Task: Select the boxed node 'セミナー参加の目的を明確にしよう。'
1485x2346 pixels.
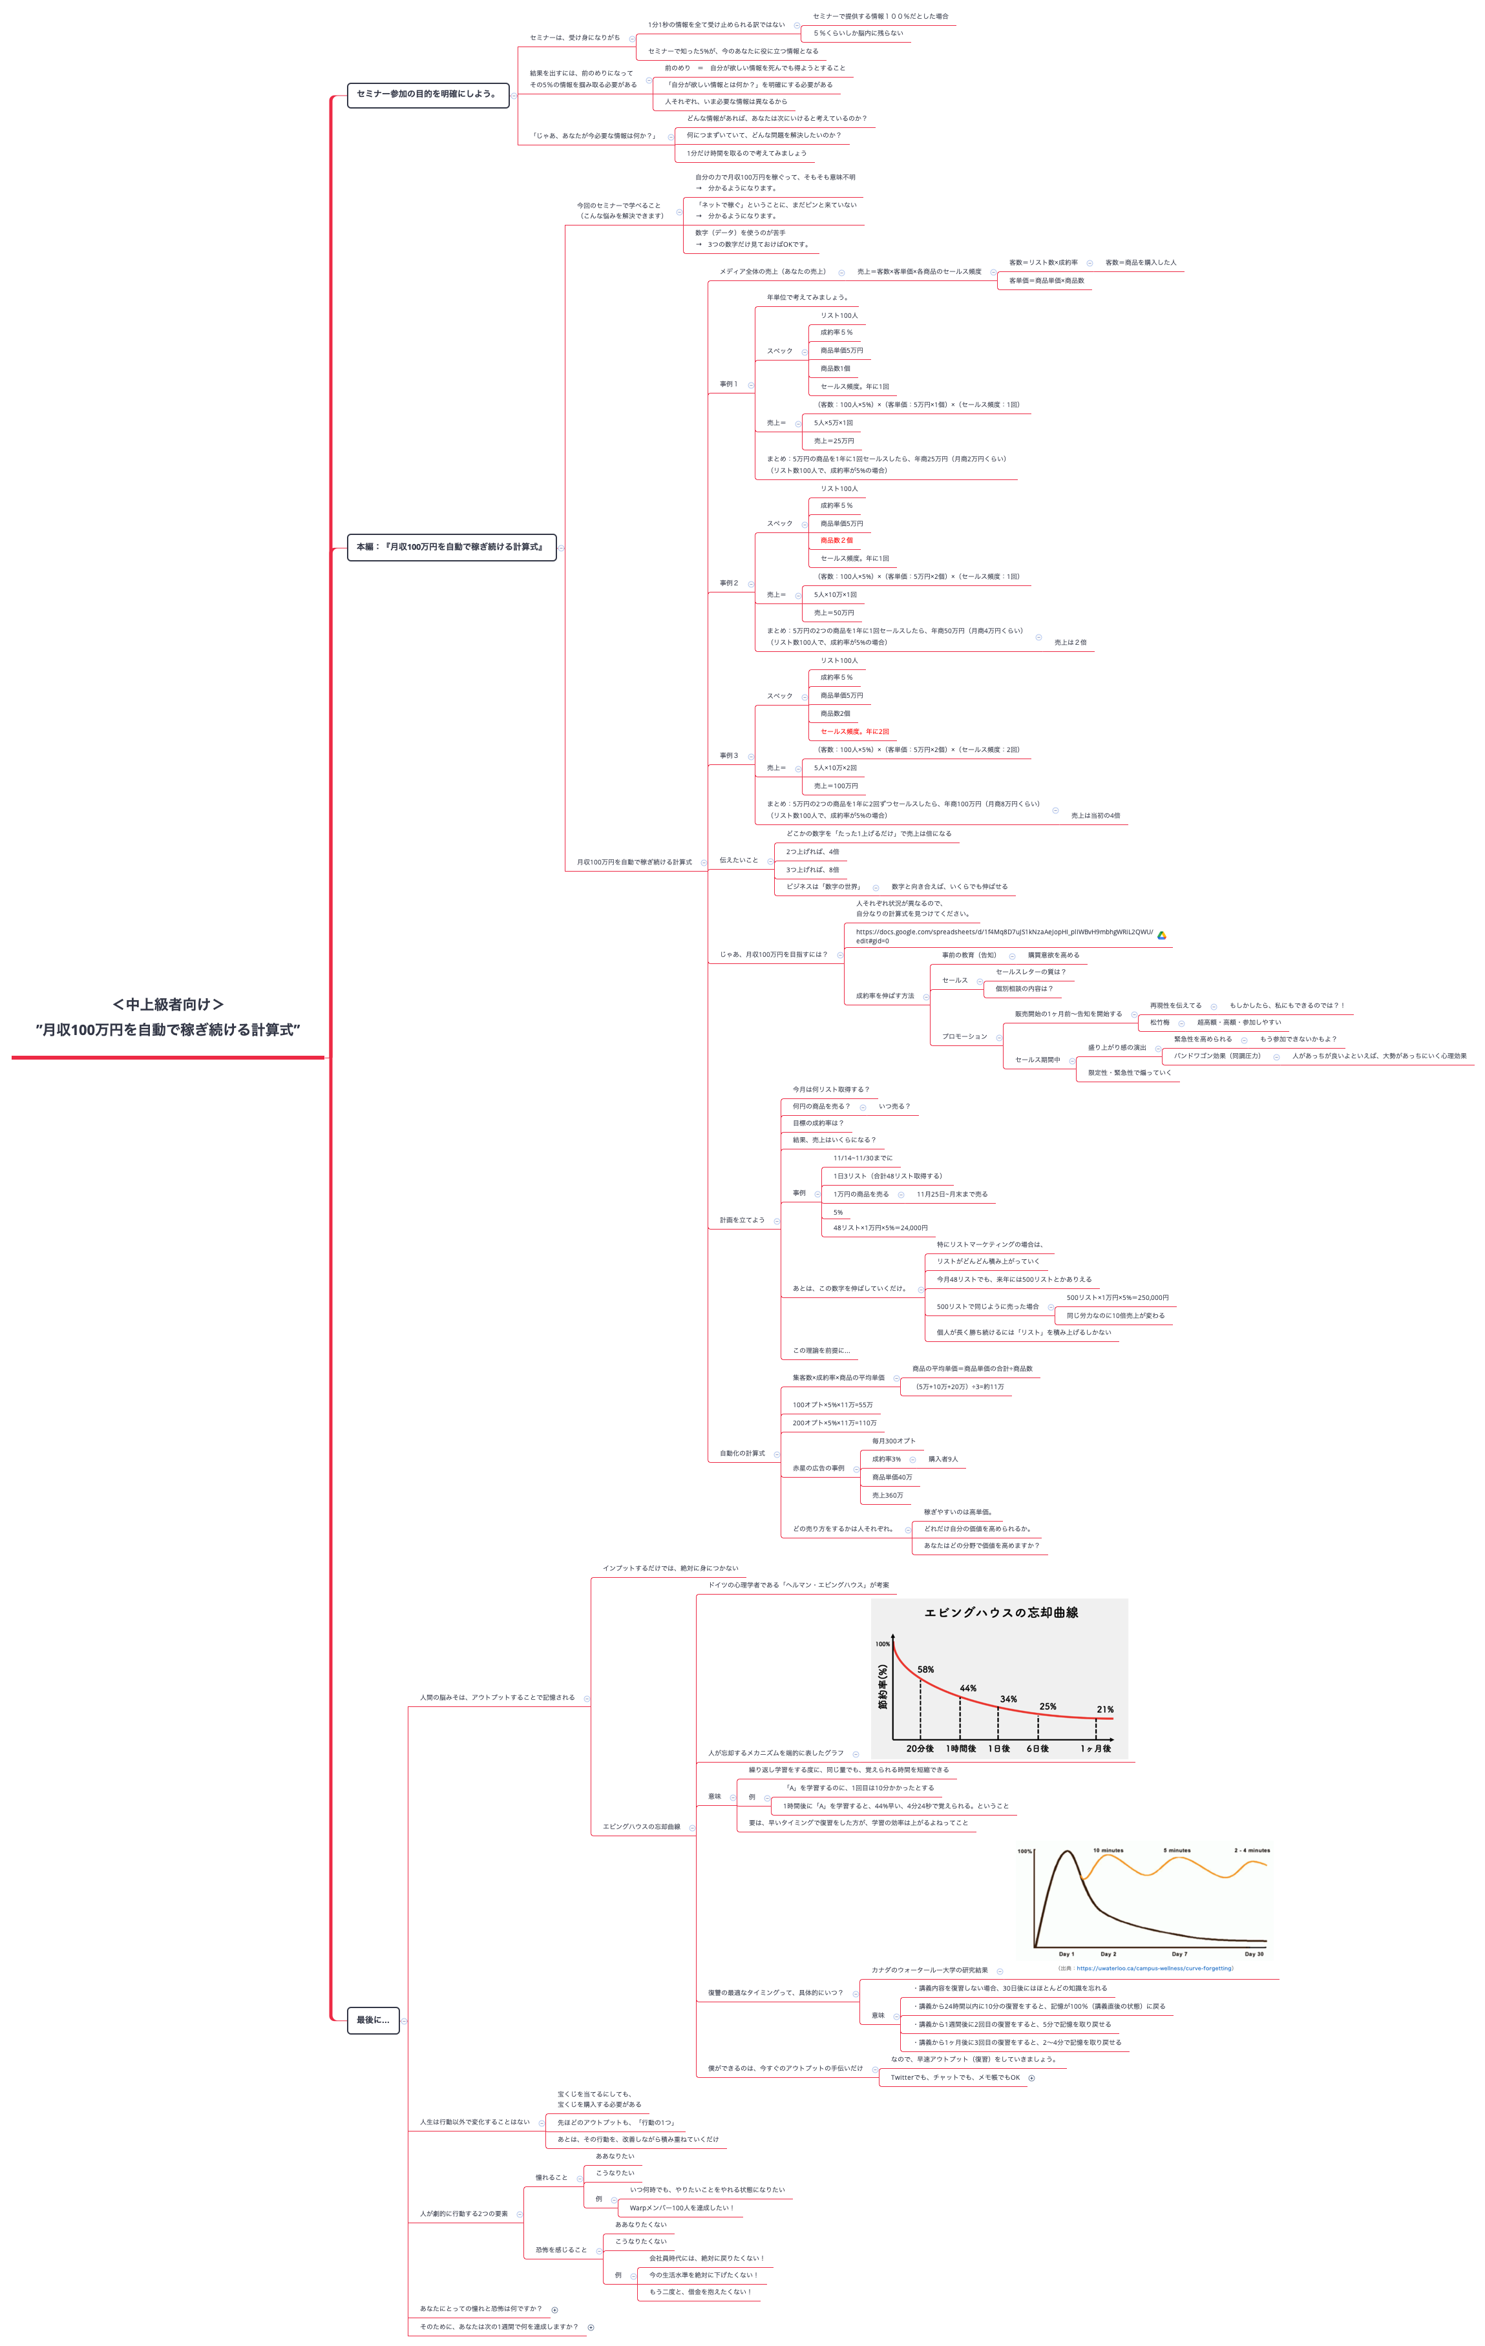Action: [x=427, y=94]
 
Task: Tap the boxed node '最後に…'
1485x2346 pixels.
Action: [x=372, y=2020]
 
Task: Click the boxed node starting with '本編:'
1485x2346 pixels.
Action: [x=450, y=547]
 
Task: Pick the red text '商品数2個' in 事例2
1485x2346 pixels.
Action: [x=836, y=541]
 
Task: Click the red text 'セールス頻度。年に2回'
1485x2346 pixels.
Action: [x=854, y=731]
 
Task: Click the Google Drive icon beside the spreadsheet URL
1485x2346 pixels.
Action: [x=1161, y=936]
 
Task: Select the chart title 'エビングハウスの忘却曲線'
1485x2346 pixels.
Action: [x=1001, y=1613]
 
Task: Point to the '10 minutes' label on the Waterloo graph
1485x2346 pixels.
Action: [x=1108, y=1850]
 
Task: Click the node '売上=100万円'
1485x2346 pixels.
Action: [x=836, y=786]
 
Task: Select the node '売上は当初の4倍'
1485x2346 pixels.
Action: [x=1095, y=815]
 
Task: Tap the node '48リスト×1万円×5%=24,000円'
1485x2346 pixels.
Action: [x=880, y=1228]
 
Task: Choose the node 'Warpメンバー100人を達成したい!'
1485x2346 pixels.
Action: [x=681, y=2208]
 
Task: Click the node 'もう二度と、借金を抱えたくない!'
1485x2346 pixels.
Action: [x=700, y=2292]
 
